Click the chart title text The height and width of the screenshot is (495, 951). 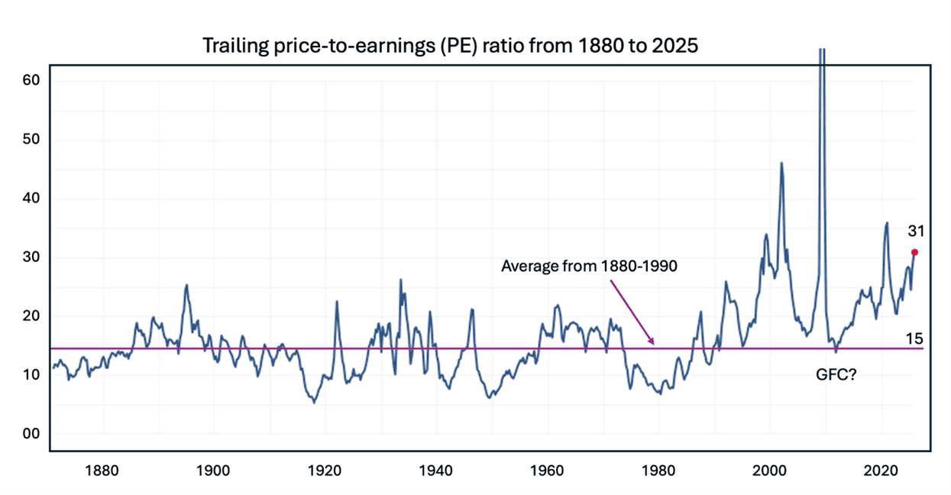450,46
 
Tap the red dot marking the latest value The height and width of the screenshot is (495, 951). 914,252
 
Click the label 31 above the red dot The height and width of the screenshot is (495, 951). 916,231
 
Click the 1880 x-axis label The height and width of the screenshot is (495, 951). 102,467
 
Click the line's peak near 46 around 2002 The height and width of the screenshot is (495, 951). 781,163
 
